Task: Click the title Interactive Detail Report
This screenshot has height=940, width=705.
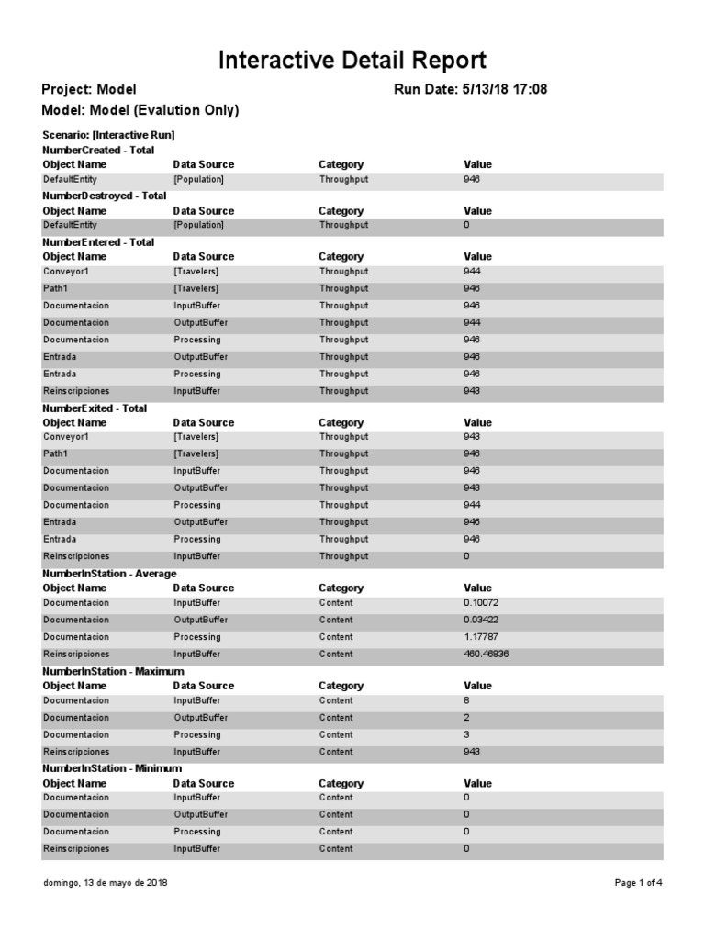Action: click(x=352, y=62)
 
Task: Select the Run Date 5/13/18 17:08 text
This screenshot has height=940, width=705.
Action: click(x=470, y=89)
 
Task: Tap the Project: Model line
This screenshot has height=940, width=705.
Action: click(x=89, y=89)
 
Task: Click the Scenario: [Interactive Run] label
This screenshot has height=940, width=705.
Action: click(x=108, y=135)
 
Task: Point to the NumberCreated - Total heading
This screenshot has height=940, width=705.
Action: click(x=98, y=150)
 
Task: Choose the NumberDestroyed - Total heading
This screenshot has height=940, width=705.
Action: click(x=105, y=196)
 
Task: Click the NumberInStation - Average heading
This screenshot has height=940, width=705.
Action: click(x=109, y=573)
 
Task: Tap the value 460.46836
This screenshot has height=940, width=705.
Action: click(x=487, y=654)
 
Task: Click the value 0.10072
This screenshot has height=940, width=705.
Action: click(x=481, y=603)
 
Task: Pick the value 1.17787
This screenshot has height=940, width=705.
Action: click(x=481, y=637)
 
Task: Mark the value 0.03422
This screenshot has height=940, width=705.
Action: click(x=481, y=621)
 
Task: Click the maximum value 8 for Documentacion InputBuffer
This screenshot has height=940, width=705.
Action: click(x=467, y=700)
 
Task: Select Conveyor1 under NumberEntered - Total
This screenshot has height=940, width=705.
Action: click(x=67, y=272)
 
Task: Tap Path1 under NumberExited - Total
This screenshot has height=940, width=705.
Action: click(x=56, y=453)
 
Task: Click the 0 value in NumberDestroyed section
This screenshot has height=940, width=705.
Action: click(x=467, y=225)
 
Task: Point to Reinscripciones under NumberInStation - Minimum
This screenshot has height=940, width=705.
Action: click(x=76, y=849)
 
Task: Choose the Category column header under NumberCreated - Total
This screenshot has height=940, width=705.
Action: click(x=341, y=164)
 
